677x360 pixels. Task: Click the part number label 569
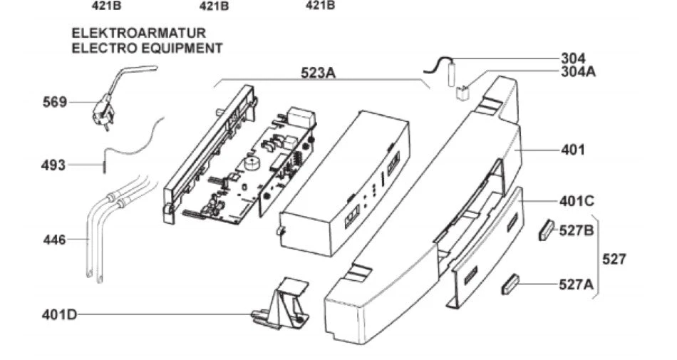55,103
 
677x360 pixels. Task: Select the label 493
53,165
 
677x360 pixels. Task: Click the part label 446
54,240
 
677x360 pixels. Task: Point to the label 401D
59,314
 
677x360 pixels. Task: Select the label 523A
319,73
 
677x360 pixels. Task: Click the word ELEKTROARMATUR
138,34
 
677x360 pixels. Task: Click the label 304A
579,71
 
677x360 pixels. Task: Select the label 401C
577,201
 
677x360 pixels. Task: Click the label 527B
577,230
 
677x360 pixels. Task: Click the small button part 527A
510,284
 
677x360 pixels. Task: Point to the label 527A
577,284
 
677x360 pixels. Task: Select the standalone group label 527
614,259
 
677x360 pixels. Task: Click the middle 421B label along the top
214,6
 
